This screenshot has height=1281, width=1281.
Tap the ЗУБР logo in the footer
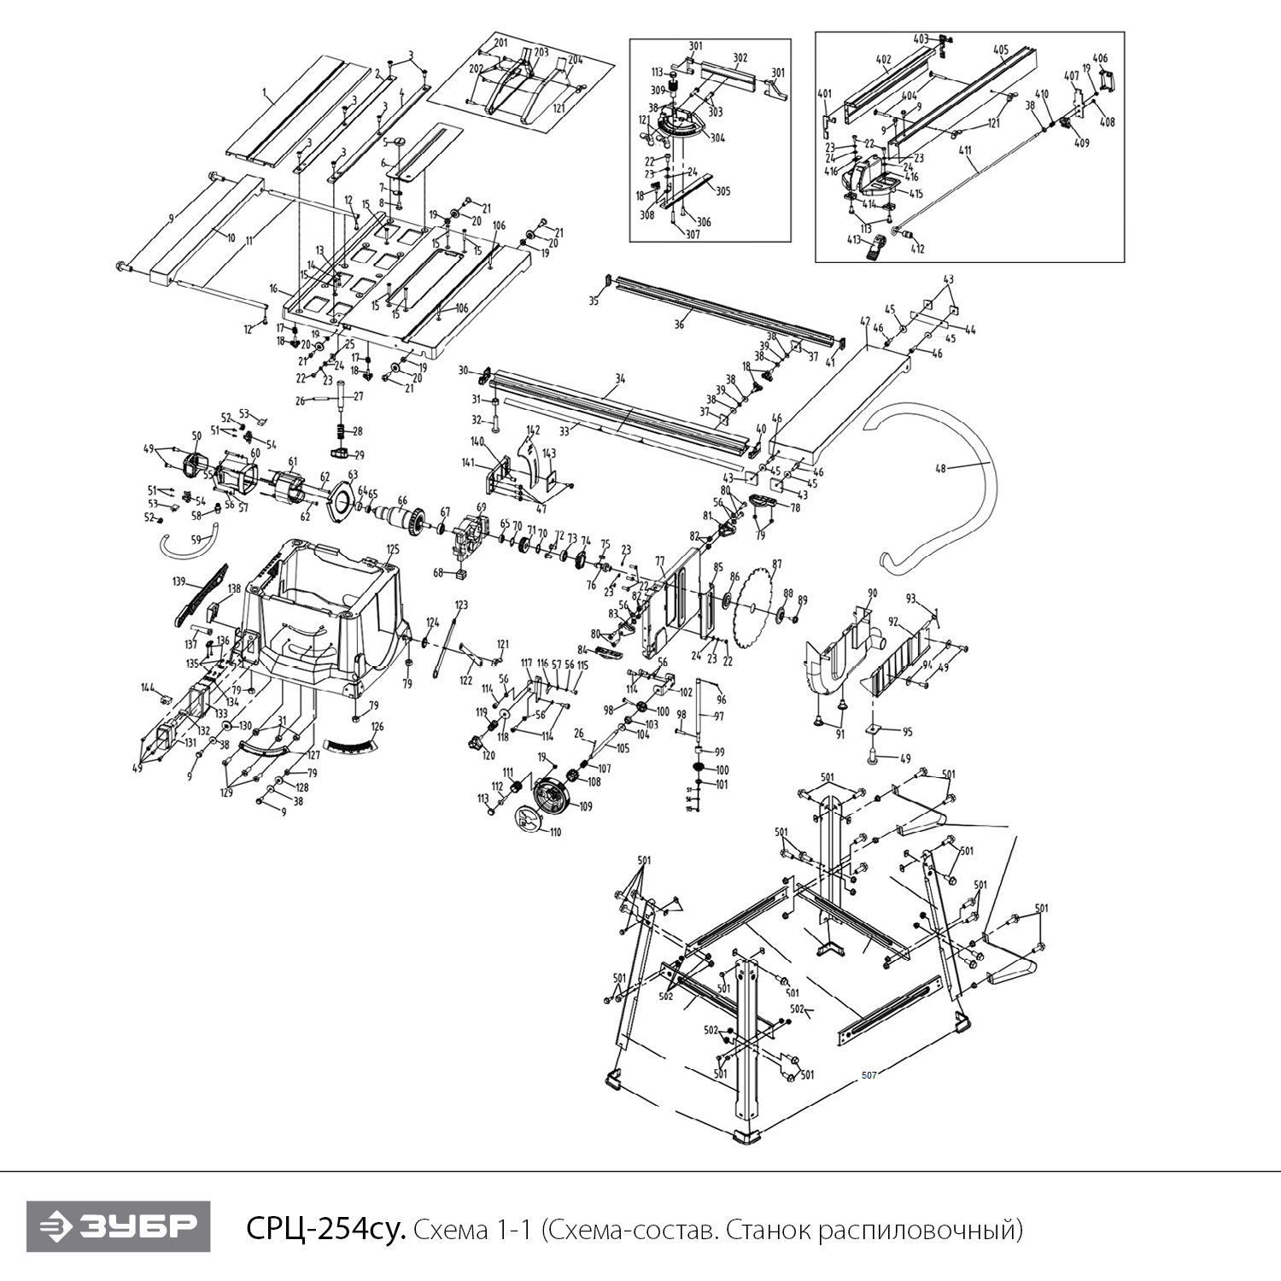[118, 1226]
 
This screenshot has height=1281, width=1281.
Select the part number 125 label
[393, 549]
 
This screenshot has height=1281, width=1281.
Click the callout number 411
[965, 151]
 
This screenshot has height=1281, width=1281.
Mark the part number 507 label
[869, 1075]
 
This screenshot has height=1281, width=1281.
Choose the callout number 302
[740, 58]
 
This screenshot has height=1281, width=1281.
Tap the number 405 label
[1001, 50]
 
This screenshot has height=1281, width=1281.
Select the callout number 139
[178, 582]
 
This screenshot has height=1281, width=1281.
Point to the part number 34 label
[620, 378]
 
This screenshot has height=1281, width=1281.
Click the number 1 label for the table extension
[265, 91]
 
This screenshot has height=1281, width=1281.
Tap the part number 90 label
[872, 593]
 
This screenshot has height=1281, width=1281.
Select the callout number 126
[377, 727]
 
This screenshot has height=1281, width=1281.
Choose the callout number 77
[659, 561]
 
